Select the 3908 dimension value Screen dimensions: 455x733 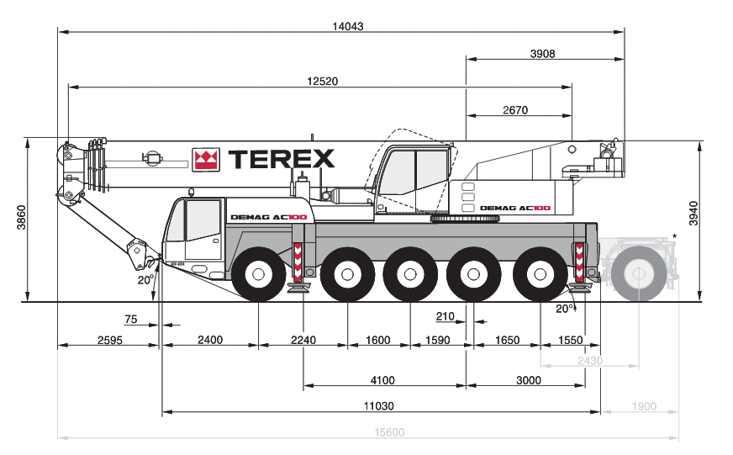[542, 54]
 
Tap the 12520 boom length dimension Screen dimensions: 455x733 [322, 82]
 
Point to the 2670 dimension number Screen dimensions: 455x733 [514, 110]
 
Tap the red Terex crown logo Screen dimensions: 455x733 [206, 160]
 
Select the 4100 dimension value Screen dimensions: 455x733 [382, 380]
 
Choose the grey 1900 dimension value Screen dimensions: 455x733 [643, 406]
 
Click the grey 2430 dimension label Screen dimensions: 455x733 [590, 360]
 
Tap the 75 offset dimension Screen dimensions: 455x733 [130, 319]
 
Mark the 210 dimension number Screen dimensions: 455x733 [445, 317]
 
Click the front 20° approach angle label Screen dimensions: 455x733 [145, 279]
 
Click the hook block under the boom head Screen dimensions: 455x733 [134, 250]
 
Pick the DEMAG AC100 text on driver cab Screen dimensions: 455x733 [269, 218]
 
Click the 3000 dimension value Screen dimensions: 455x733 [528, 380]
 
